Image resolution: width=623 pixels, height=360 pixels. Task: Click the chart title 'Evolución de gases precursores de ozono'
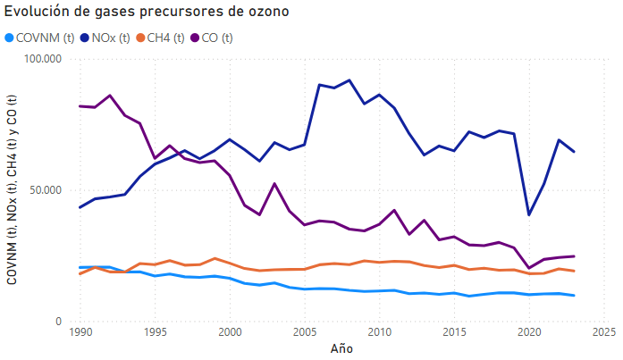pos(147,12)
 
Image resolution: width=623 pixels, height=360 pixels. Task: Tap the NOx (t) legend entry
pos(106,38)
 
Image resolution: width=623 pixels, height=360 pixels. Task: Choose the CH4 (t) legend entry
pos(166,38)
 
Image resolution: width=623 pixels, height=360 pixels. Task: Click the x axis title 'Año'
pos(341,348)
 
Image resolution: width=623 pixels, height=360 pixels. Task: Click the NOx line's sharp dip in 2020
pos(528,214)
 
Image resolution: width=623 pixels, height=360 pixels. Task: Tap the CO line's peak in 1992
pos(110,96)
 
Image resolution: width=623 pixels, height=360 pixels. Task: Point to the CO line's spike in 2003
pos(274,183)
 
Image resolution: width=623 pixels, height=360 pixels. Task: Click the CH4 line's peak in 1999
pos(215,258)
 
